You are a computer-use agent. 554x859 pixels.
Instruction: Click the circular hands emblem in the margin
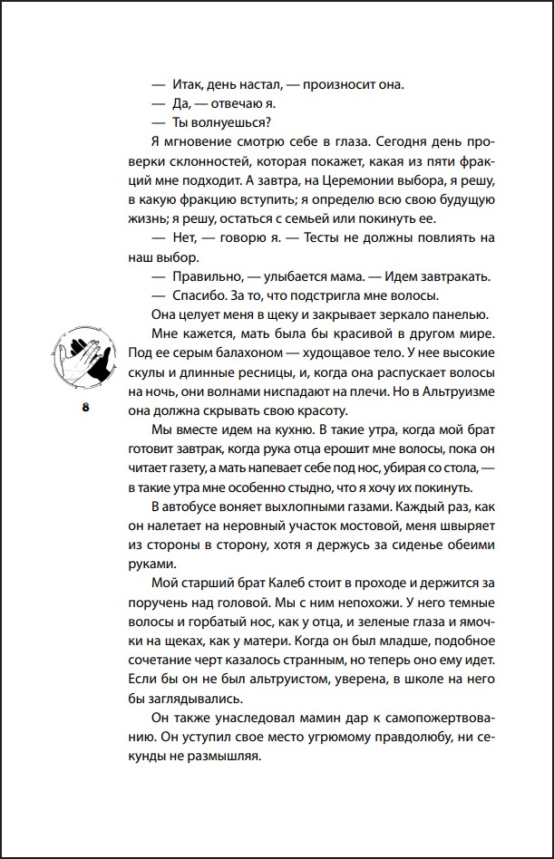86,360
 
